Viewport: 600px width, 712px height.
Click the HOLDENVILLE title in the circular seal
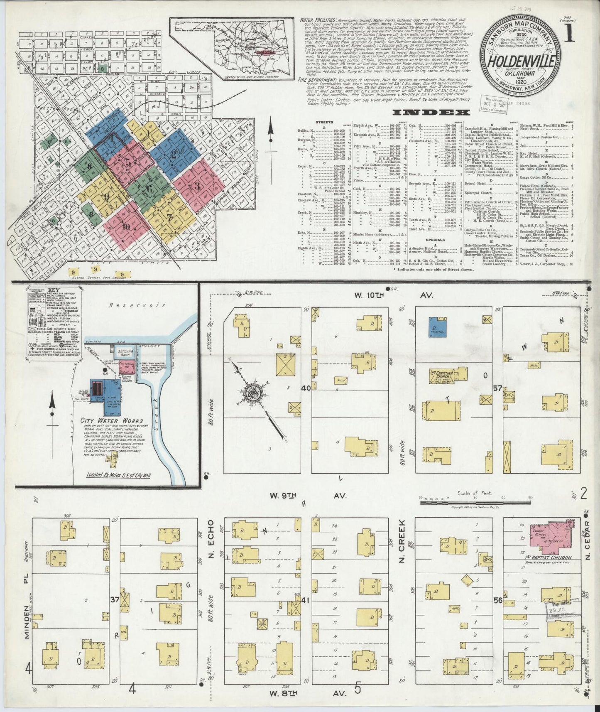pyautogui.click(x=522, y=62)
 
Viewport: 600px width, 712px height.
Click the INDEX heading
pyautogui.click(x=431, y=113)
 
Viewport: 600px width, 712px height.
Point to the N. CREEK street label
pyautogui.click(x=402, y=540)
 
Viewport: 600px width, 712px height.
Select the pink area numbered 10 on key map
pyautogui.click(x=126, y=226)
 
